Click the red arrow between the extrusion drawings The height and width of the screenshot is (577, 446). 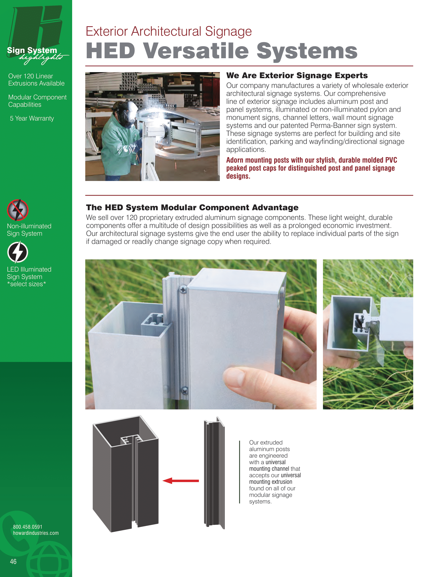[x=181, y=480]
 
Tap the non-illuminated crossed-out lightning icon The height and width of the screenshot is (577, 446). [x=18, y=210]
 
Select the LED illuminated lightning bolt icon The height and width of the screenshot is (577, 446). [x=18, y=252]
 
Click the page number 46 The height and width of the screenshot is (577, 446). [x=13, y=562]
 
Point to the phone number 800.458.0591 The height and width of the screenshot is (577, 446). [x=28, y=527]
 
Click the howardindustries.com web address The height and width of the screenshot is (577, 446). [x=36, y=533]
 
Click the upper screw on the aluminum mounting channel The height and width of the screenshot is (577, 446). [x=183, y=290]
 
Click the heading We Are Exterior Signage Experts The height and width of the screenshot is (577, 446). [x=297, y=76]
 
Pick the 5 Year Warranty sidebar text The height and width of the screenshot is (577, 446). [x=32, y=118]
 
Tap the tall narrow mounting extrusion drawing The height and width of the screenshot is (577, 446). [x=214, y=473]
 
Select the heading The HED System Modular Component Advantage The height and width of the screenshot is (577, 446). [x=192, y=207]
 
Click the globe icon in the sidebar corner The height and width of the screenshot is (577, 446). [x=49, y=562]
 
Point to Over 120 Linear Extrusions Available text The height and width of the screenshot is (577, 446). [x=36, y=79]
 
